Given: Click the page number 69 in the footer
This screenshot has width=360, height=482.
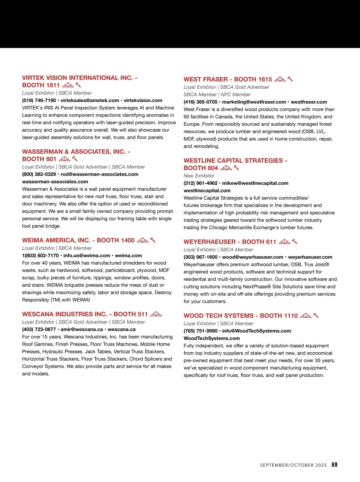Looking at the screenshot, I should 334,465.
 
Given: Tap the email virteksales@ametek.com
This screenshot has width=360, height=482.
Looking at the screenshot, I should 90,101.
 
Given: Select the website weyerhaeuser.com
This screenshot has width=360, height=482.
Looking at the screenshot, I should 310,257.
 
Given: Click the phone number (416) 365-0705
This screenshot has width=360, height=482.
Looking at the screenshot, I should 200,102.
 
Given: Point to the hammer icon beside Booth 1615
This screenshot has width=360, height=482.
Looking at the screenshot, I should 290,79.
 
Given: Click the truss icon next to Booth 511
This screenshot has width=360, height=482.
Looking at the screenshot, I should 156,314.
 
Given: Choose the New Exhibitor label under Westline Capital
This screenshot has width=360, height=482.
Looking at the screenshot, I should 199,176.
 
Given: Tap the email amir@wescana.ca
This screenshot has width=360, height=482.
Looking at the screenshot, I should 82,330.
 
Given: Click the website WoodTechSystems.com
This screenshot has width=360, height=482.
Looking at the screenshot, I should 211,339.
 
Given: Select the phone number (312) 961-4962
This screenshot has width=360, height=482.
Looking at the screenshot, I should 200,183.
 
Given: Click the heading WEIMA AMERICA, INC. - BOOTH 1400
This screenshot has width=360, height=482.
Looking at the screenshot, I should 78,240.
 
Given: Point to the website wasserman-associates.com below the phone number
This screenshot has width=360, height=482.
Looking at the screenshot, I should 55,182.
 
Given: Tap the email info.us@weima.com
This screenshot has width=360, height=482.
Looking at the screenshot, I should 87,256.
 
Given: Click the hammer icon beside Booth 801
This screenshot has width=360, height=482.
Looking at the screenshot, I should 75,159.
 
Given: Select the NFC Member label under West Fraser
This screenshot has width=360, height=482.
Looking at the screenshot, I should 236,95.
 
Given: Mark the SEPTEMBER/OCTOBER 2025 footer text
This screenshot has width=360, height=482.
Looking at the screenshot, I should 293,465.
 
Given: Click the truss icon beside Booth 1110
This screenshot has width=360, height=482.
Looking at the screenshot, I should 306,315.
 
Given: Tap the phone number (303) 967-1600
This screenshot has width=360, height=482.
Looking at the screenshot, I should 200,257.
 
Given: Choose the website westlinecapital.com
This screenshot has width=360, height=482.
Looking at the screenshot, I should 207,191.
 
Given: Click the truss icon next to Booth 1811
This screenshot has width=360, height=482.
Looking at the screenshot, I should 68,85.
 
